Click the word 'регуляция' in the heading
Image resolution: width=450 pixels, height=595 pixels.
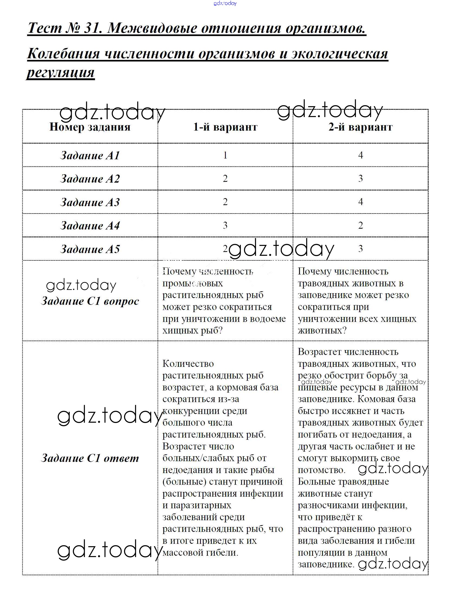coord(61,73)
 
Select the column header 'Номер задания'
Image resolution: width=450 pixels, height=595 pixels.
coord(90,127)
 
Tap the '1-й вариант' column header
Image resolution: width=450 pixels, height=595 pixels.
coord(225,127)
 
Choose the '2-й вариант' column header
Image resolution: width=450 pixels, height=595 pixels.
coord(360,127)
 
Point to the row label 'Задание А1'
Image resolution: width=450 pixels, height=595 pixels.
coord(90,155)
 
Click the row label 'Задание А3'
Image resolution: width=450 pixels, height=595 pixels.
coord(90,202)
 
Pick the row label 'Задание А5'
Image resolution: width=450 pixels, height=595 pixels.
coord(90,249)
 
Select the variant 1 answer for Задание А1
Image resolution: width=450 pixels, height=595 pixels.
coord(225,155)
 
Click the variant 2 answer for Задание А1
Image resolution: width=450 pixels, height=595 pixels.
coord(360,155)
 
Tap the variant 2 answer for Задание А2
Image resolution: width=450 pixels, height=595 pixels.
coord(360,179)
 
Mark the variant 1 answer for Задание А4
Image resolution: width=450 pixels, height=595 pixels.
coord(225,225)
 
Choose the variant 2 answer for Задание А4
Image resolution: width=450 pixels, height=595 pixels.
coord(360,225)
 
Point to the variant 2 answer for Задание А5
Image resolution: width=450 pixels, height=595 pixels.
coord(360,249)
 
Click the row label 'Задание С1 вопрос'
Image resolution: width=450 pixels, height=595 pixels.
coord(90,301)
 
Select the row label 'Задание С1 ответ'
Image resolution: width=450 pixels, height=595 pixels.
coord(90,458)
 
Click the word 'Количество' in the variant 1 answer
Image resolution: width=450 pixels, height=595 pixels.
coord(188,364)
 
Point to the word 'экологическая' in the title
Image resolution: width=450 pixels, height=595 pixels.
coord(340,54)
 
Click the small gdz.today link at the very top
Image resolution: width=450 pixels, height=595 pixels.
coord(225,3)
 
